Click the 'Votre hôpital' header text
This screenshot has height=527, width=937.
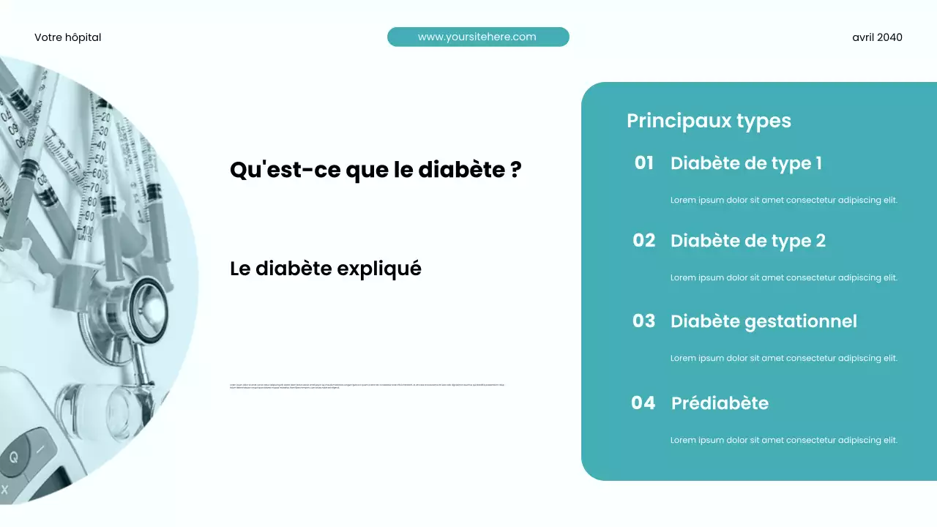point(67,37)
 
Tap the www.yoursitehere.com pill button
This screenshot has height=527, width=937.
point(477,37)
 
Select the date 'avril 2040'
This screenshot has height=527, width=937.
point(877,37)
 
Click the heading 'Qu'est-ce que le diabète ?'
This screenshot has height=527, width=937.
point(376,170)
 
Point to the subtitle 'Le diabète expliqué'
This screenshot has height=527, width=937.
point(326,269)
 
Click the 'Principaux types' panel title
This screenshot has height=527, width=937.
point(709,121)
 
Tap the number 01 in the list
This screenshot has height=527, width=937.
point(643,163)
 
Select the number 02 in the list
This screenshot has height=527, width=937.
point(643,240)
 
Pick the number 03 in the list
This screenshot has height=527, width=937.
point(643,321)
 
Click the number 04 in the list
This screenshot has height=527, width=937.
point(643,403)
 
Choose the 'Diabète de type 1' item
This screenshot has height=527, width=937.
point(746,163)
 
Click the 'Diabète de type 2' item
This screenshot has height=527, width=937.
point(747,241)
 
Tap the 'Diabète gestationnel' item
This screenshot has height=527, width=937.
point(764,321)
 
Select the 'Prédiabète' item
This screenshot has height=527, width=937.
point(720,403)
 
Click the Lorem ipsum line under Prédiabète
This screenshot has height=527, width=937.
point(783,441)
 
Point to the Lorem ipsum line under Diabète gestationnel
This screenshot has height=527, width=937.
point(783,359)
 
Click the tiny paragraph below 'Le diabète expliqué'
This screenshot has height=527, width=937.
point(367,386)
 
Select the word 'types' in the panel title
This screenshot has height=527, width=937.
point(764,121)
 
